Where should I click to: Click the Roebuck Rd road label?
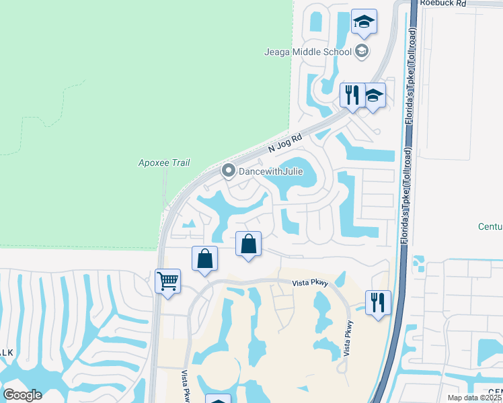[442, 3]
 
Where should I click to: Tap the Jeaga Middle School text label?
[309, 52]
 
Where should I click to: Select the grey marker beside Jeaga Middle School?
[362, 51]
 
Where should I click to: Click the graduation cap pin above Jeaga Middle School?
[364, 22]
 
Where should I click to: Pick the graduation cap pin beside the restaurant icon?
[374, 95]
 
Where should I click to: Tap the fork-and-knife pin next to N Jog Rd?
[352, 95]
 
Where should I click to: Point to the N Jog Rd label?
[286, 142]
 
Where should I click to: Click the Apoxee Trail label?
[164, 163]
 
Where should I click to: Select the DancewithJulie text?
[272, 171]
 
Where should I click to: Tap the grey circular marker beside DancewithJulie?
[229, 171]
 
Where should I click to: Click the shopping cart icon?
[167, 280]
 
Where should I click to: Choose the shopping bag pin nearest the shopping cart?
[204, 259]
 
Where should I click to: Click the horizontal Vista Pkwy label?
[309, 283]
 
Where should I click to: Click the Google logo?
[23, 394]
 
